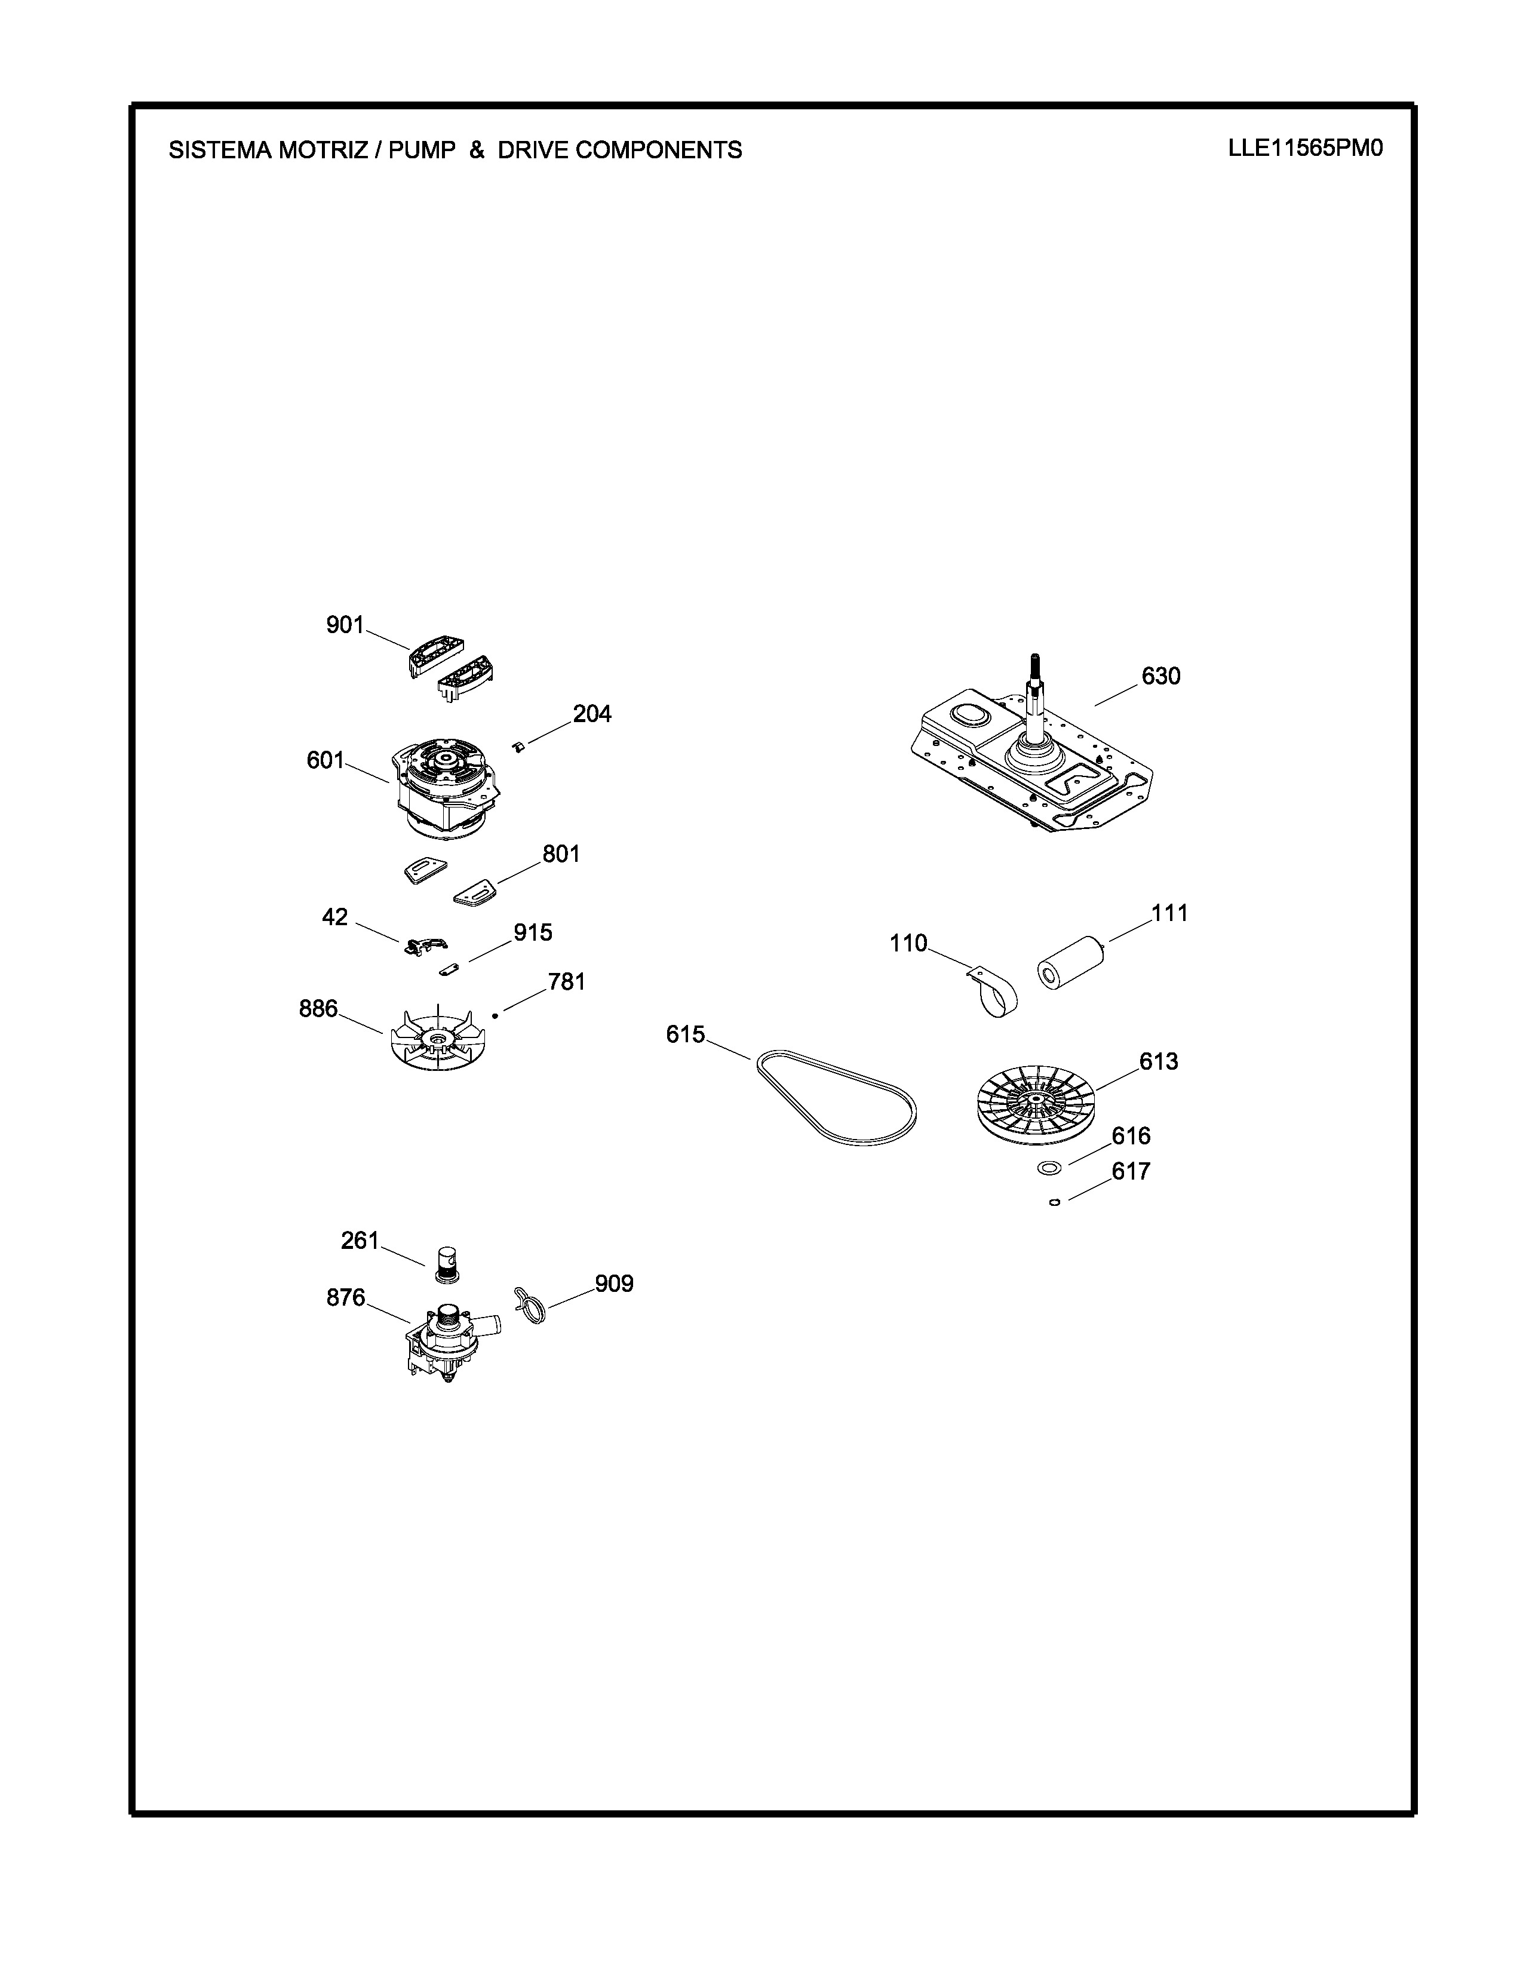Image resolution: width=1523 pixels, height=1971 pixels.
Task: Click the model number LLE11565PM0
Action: tap(1304, 148)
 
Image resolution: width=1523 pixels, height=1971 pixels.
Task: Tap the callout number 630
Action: tap(1160, 676)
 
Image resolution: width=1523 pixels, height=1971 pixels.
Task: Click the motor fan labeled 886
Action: tap(436, 1038)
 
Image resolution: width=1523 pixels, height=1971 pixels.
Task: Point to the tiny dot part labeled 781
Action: tap(495, 1015)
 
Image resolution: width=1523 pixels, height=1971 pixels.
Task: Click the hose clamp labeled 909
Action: tap(530, 1306)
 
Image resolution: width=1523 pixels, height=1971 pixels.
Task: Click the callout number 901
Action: tap(345, 625)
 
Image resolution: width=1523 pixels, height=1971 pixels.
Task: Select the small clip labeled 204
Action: tap(518, 745)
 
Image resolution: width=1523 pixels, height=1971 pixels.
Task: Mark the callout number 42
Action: tap(334, 917)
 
